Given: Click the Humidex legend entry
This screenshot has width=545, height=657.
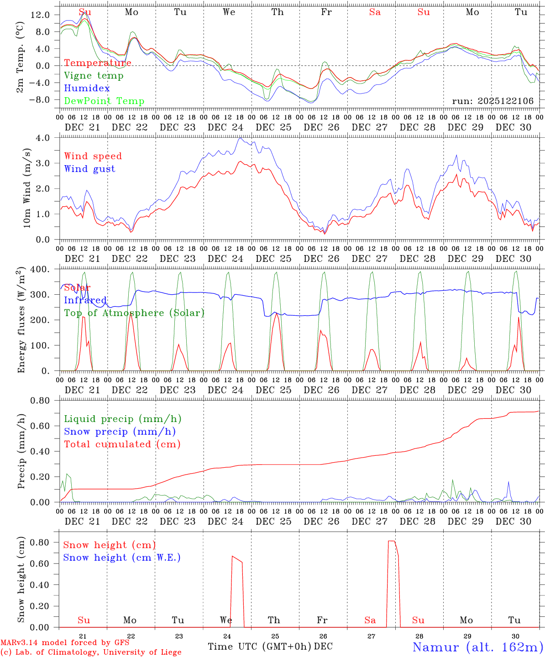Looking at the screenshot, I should (x=87, y=89).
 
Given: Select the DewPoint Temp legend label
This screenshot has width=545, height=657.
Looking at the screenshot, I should (x=104, y=101).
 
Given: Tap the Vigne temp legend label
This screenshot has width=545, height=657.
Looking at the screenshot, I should (x=94, y=76).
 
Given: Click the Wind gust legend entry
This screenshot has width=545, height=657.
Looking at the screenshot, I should (x=89, y=169).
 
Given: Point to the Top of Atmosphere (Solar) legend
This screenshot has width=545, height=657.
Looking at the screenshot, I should (x=134, y=313).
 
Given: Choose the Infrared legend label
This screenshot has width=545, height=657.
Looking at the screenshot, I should (x=85, y=300).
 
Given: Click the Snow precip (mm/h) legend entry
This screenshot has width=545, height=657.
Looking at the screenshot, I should (x=120, y=432).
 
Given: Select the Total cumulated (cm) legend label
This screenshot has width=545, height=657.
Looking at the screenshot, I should (x=122, y=444).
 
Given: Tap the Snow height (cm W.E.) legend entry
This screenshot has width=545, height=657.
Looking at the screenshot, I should (x=121, y=558).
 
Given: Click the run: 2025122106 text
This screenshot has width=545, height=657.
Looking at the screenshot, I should (x=493, y=101).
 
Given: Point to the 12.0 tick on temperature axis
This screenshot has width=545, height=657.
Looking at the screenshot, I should (x=40, y=15).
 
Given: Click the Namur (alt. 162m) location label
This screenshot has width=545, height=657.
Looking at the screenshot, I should (x=477, y=647).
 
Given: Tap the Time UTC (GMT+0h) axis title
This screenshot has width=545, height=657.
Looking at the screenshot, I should (x=259, y=647).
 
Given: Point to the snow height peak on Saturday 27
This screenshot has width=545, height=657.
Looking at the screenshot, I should (x=392, y=541).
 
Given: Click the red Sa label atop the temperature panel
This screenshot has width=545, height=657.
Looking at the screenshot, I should (x=375, y=12).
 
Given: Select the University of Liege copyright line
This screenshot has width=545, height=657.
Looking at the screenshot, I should (x=91, y=652).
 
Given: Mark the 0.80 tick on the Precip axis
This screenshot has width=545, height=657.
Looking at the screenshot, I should (x=40, y=401).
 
